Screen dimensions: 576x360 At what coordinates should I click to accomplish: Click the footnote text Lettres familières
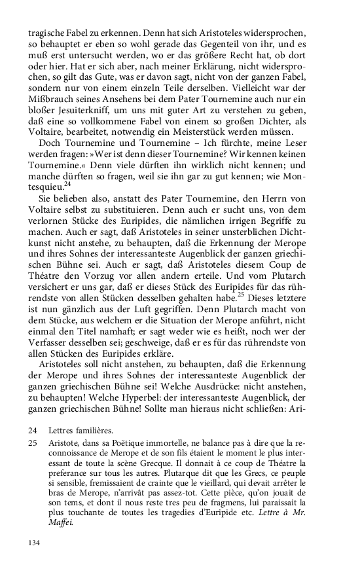click(81, 448)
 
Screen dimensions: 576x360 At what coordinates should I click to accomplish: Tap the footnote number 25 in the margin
click(33, 461)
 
